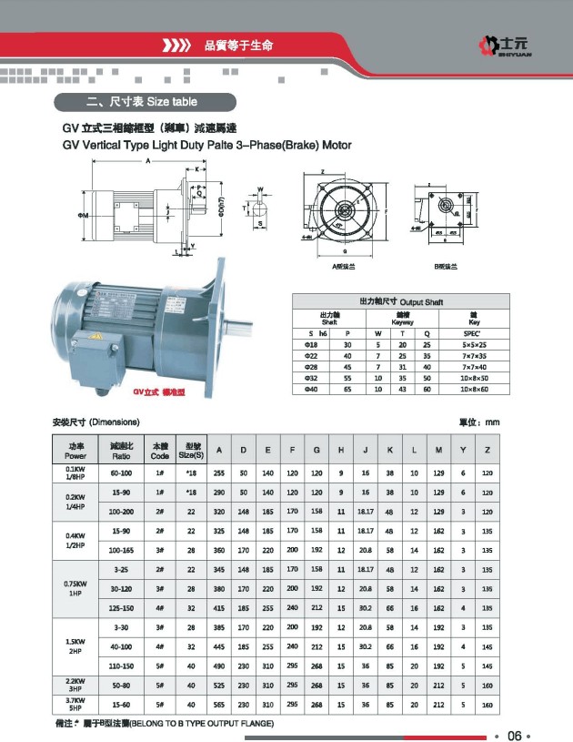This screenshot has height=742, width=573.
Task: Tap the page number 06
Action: point(514,734)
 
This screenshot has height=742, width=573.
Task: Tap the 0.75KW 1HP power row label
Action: point(75,589)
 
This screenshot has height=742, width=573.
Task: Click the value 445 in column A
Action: point(218,646)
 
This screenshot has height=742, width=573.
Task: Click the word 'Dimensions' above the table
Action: point(116,422)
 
